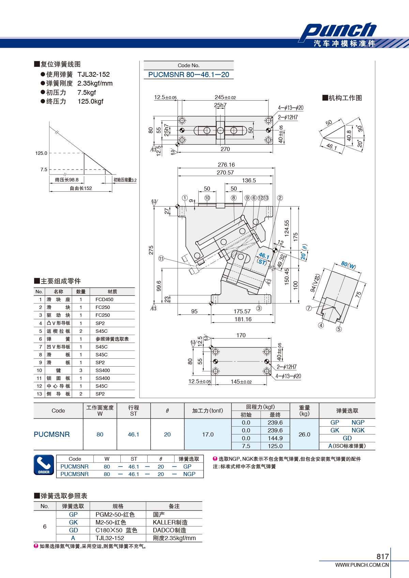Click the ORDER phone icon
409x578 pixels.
44,465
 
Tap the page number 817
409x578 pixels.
382,556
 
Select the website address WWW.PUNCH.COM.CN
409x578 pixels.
362,565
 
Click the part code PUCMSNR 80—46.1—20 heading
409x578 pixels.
188,75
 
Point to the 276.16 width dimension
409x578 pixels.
226,165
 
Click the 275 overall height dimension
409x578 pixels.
151,250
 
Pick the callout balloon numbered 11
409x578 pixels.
161,258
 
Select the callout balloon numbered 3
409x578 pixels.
259,308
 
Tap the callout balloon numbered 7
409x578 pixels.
309,308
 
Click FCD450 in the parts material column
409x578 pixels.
104,299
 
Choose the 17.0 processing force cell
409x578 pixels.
208,434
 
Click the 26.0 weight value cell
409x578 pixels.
304,434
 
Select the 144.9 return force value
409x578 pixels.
275,438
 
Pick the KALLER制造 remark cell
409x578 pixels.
170,522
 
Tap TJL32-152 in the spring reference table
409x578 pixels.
110,538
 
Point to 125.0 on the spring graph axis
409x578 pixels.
41,153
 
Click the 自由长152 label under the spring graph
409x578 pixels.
81,188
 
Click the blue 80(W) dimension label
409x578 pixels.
348,265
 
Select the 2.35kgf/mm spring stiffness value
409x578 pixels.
95,83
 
